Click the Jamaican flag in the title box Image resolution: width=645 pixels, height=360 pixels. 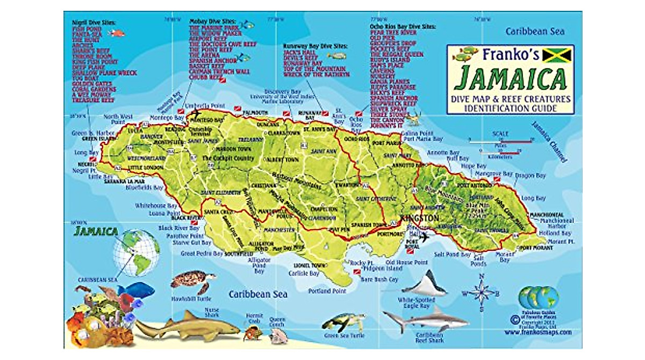click(x=556, y=55)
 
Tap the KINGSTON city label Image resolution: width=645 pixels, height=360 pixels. click(x=419, y=219)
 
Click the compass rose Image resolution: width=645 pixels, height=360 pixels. click(x=482, y=293)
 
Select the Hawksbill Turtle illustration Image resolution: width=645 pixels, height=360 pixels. click(x=192, y=280)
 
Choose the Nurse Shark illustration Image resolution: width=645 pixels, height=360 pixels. click(x=185, y=327)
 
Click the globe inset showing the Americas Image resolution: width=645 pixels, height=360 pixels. click(x=136, y=253)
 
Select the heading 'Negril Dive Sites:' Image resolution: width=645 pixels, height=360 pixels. click(x=94, y=23)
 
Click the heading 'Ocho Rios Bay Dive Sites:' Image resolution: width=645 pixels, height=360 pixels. click(x=403, y=26)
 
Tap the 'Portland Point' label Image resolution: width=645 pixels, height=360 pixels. click(x=327, y=291)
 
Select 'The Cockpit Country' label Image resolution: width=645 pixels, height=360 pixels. click(x=227, y=159)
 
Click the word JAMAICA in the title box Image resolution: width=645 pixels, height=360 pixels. click(x=510, y=79)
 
